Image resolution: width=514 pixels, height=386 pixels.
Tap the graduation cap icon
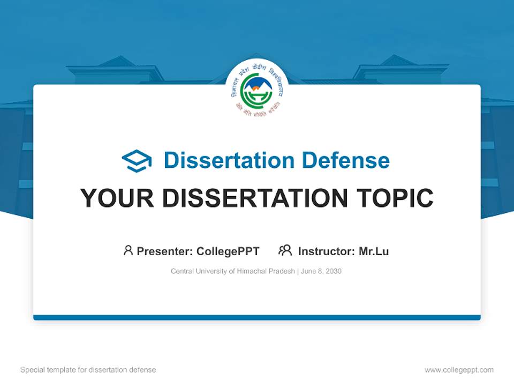[137, 161]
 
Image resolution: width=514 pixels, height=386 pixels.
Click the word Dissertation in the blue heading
[229, 160]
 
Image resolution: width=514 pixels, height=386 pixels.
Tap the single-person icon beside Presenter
[128, 250]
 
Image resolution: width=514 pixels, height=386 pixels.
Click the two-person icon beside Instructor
[285, 250]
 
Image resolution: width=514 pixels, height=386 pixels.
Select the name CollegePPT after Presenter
[228, 251]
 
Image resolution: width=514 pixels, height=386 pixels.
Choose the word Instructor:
[326, 251]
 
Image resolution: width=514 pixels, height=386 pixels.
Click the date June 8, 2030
[321, 271]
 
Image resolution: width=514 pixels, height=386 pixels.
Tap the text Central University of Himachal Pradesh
[232, 271]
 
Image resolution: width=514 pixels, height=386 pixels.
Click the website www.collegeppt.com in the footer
[459, 370]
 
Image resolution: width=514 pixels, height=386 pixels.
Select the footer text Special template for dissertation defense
[88, 370]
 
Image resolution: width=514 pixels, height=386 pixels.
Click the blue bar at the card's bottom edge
[257, 317]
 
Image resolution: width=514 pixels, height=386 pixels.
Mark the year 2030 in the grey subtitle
[333, 271]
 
